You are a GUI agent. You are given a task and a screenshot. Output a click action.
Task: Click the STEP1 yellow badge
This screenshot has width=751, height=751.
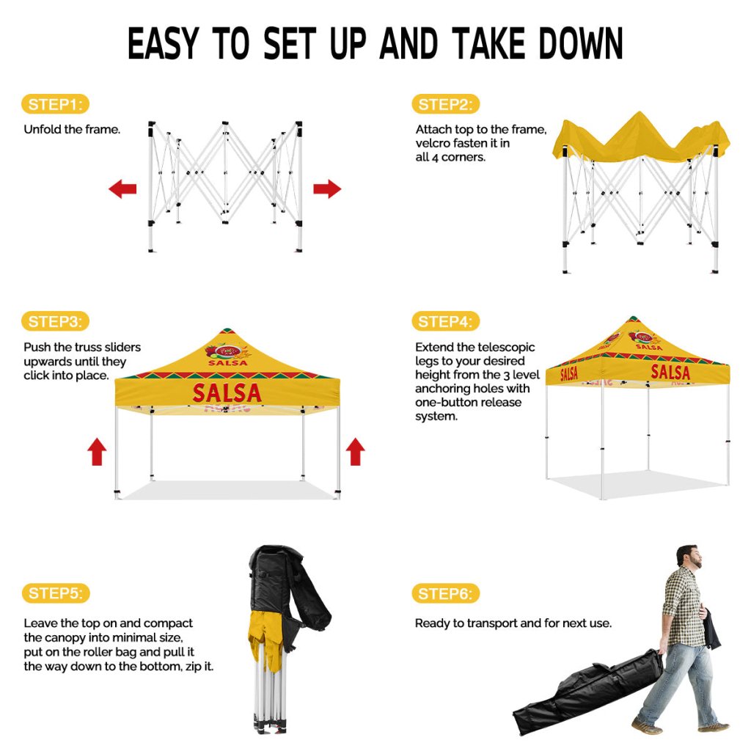56,104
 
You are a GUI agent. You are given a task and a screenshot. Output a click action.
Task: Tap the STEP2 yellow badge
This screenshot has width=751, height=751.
445,104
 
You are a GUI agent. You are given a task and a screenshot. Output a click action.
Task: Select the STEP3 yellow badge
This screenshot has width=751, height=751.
56,321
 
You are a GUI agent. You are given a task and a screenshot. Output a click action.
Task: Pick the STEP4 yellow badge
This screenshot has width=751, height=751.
445,321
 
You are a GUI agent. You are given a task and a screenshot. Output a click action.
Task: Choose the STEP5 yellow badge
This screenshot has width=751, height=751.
56,593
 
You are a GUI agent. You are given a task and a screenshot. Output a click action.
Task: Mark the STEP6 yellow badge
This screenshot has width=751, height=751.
445,594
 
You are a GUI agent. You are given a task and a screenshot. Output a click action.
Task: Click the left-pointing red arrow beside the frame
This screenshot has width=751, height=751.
122,188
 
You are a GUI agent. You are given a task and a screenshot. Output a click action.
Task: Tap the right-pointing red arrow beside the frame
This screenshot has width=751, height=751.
327,188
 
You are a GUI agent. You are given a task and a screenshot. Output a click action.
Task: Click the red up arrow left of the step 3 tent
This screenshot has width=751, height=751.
97,452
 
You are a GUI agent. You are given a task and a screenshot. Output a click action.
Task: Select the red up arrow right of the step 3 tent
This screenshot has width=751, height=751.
355,452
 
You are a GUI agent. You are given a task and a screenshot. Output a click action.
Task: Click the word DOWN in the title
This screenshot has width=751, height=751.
581,43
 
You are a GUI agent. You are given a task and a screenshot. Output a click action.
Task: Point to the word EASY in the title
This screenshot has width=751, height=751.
163,43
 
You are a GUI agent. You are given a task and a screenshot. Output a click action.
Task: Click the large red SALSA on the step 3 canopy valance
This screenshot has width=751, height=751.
227,393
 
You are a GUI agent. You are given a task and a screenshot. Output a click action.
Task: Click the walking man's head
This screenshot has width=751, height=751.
689,556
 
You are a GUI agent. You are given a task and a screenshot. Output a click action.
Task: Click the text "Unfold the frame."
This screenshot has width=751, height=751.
72,129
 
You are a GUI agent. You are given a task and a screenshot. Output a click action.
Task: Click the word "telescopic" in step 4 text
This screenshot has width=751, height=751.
506,347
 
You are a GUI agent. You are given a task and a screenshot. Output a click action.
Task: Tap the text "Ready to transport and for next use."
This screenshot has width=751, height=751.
513,623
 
